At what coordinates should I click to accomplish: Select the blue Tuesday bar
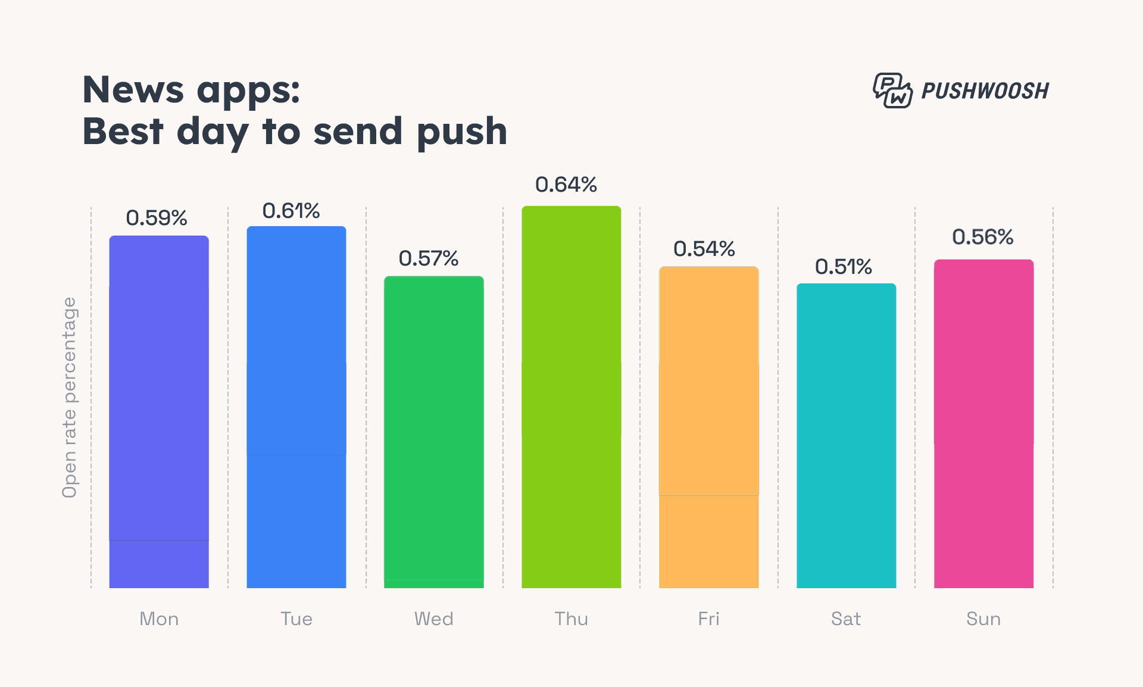296,407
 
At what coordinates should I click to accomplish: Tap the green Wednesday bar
434,432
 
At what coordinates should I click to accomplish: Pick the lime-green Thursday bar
571,397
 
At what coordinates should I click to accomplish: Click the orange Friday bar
709,427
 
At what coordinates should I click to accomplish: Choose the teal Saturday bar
847,436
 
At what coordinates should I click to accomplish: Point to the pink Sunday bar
984,424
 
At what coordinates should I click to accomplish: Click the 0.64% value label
566,185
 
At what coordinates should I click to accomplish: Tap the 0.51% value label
844,267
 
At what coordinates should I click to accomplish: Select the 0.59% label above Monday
157,218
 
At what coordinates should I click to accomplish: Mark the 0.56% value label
983,237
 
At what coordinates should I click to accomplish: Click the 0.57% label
429,258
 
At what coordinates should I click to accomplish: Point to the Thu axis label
571,619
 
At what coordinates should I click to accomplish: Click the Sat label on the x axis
846,619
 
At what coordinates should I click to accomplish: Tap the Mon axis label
159,619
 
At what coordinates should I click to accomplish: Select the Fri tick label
709,619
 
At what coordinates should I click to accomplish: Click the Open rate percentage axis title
70,397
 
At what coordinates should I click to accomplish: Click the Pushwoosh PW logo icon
892,90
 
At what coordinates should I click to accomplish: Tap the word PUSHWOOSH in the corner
985,91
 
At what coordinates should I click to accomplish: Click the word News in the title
133,90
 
